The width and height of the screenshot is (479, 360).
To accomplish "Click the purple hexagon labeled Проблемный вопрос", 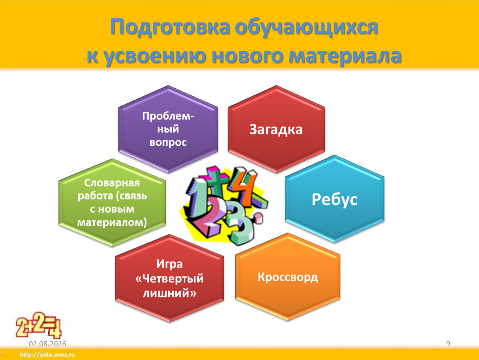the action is [x=168, y=129].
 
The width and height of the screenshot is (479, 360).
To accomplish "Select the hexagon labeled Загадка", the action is [x=276, y=129].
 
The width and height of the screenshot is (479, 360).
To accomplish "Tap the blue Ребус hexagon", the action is [x=334, y=199].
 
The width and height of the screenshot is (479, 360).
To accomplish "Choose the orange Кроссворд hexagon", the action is [x=288, y=277].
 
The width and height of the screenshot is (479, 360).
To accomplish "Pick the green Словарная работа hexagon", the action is [x=112, y=202].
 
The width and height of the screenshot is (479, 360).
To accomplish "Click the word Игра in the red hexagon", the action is [x=169, y=264].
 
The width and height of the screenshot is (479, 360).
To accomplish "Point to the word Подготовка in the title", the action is [x=170, y=27].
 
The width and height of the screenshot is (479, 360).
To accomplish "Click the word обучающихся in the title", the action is [x=307, y=27].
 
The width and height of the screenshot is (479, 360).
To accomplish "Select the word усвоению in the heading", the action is [x=155, y=56].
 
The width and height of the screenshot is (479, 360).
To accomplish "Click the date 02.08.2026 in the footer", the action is [x=47, y=344].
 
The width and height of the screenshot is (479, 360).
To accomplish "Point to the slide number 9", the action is [x=448, y=344].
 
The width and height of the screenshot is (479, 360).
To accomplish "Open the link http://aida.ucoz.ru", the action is [x=47, y=355].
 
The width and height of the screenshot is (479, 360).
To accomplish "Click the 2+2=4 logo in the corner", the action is [x=39, y=325].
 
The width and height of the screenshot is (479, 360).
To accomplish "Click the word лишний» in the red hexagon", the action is [x=169, y=293].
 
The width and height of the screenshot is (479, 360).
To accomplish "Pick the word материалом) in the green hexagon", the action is [x=112, y=222].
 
